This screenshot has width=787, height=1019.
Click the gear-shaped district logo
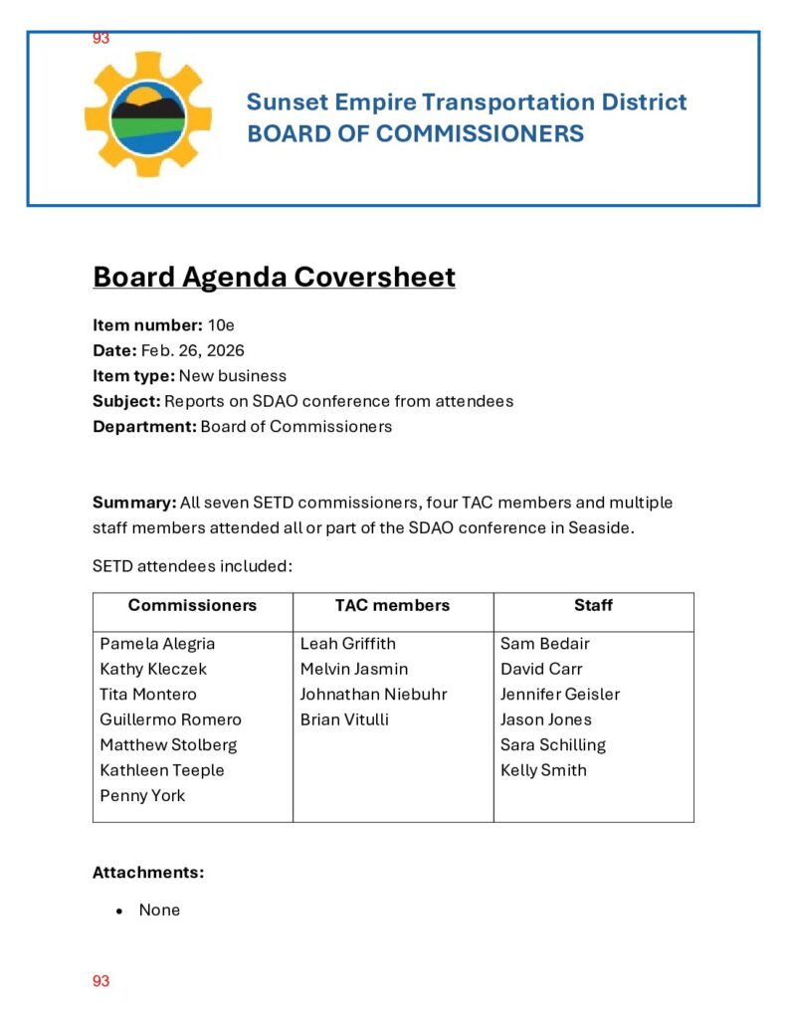click(147, 114)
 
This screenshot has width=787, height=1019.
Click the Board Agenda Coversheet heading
click(274, 277)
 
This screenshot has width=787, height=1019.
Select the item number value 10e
click(221, 325)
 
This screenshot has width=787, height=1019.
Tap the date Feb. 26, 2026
click(192, 350)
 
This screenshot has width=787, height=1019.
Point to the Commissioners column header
click(192, 605)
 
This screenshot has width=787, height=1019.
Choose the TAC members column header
click(392, 605)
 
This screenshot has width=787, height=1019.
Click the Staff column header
click(593, 605)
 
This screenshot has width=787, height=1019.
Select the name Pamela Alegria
click(157, 644)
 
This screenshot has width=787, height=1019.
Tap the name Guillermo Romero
click(170, 719)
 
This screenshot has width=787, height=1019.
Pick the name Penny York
click(142, 795)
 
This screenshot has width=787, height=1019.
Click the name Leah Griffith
click(347, 644)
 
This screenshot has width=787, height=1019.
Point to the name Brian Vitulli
click(344, 719)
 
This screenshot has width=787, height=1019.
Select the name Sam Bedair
click(544, 644)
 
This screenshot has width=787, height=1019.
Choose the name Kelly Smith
click(543, 770)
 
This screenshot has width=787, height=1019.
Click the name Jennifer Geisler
click(560, 695)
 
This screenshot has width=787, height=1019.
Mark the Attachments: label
click(148, 873)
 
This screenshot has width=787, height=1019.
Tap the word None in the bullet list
click(159, 910)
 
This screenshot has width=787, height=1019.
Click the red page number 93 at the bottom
click(100, 981)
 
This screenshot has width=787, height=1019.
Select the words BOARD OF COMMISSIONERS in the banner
click(415, 133)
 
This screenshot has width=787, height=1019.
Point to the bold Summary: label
click(134, 503)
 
